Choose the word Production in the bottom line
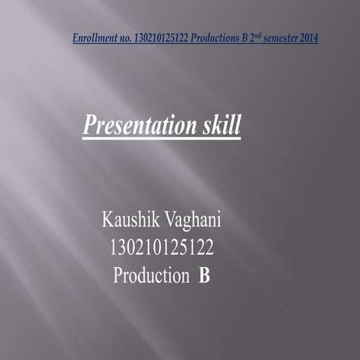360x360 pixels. (151, 275)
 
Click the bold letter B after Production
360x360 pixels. (205, 275)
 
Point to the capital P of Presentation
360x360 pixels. (89, 125)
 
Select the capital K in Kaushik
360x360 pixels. (107, 221)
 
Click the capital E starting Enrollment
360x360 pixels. (76, 37)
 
